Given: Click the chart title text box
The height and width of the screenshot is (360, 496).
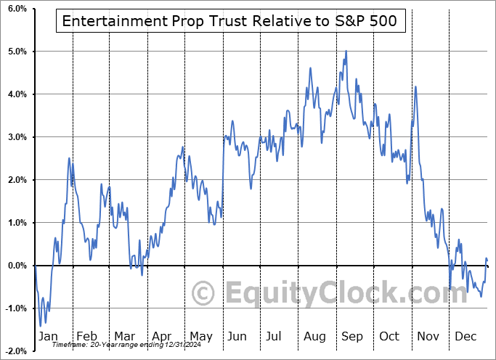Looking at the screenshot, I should [x=229, y=21].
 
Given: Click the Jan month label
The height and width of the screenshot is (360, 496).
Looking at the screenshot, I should [x=48, y=337].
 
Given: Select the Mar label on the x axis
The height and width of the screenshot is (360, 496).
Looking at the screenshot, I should [x=125, y=337].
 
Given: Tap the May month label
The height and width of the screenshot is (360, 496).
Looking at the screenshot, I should [x=200, y=337].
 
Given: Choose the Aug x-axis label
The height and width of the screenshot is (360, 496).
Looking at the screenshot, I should [x=315, y=337].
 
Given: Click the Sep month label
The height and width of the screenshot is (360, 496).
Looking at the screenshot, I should [x=353, y=337].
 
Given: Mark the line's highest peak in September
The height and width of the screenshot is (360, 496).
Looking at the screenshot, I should [x=346, y=51].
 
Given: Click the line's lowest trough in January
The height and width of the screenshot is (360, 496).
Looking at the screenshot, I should [x=41, y=324].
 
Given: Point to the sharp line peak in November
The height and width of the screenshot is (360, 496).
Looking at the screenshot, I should [x=415, y=86].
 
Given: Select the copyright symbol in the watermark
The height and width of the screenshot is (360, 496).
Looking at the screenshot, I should [x=204, y=293].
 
